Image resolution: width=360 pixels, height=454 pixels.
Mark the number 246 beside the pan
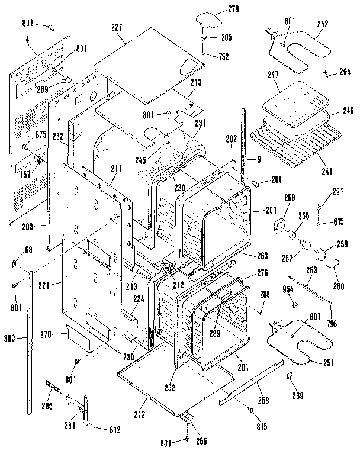pos(348,110)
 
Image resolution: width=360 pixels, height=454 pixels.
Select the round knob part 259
pos(323,253)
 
